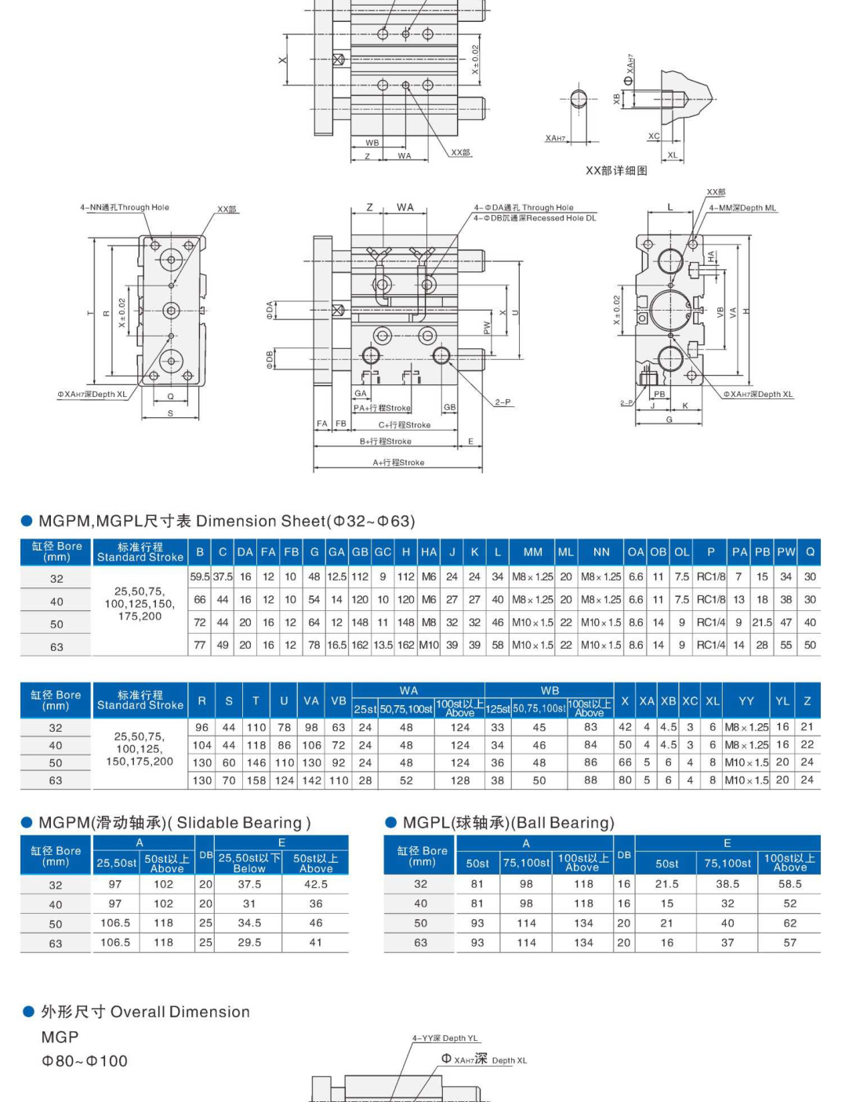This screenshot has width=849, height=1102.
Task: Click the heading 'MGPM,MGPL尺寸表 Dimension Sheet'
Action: coord(226,522)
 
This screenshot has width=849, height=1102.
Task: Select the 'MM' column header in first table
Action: coord(532,552)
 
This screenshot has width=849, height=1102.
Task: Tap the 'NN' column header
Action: coord(601,552)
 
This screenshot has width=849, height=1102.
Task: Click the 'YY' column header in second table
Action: coord(746,701)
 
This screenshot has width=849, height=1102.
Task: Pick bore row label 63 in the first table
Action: coord(56,647)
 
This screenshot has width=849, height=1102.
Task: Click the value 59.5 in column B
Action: coord(200,576)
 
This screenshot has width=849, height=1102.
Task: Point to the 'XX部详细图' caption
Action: coord(616,170)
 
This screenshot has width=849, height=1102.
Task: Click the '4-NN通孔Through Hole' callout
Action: coord(124,208)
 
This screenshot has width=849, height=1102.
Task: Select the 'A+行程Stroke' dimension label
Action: coord(398,463)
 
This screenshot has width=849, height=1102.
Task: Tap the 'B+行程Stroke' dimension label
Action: coord(385,442)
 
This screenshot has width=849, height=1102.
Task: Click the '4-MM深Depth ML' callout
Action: coord(742,208)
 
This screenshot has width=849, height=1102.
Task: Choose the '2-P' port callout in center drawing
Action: coord(503,402)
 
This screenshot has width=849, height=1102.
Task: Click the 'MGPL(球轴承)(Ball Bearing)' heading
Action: coord(508,823)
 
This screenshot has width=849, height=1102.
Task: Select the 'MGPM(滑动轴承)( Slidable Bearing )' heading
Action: coord(174,823)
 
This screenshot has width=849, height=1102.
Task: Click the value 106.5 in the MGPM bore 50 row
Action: coord(115,923)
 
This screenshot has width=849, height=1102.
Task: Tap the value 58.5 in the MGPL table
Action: coord(789,884)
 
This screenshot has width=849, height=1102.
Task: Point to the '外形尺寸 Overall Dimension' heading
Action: coord(145,1012)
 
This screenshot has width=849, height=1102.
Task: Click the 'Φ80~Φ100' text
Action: coord(85,1061)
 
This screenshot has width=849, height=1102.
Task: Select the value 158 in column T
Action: coord(256,780)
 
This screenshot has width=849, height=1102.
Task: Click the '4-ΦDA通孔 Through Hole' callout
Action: coord(523,208)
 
